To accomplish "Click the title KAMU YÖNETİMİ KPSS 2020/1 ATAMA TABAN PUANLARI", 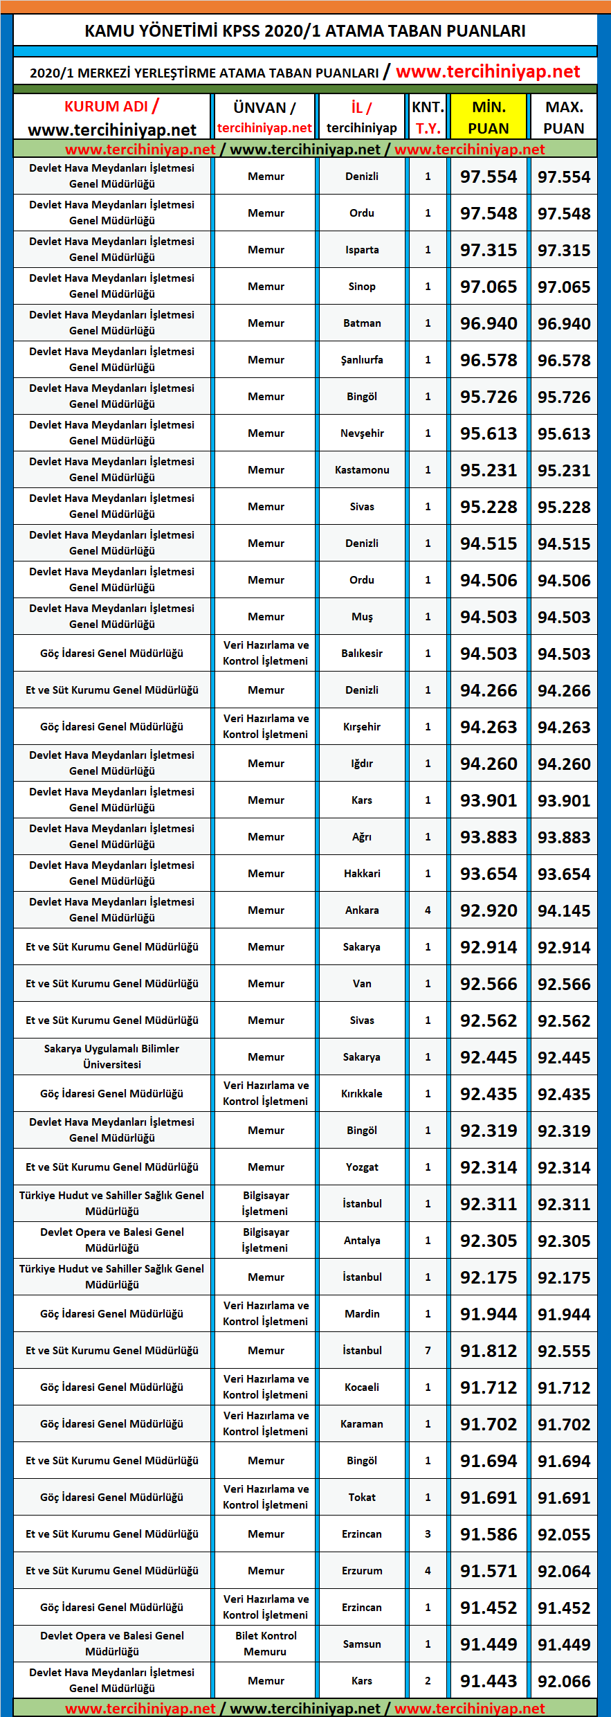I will (x=305, y=31).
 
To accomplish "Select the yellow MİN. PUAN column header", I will (x=489, y=118).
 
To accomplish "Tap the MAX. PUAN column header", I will (x=564, y=118).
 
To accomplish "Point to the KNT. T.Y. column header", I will (x=428, y=118).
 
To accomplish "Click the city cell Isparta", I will (x=362, y=250).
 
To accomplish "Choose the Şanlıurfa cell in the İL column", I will (x=362, y=360).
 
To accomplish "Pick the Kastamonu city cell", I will (x=362, y=470).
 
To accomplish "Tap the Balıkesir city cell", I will (x=362, y=654).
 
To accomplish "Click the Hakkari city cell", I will (x=362, y=874).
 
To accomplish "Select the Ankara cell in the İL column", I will (x=362, y=910).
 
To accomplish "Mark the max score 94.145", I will (x=564, y=911).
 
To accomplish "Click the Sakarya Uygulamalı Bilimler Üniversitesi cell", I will (x=112, y=1057).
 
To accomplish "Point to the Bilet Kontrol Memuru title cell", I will (x=266, y=1644).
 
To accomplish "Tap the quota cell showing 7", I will (x=428, y=1351).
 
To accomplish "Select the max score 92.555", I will (x=564, y=1351).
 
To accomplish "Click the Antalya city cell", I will (x=362, y=1241).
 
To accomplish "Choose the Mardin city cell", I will (x=362, y=1314).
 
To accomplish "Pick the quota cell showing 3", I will (x=428, y=1534).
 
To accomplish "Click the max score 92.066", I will (x=564, y=1682).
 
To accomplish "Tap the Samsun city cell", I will (x=362, y=1644).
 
